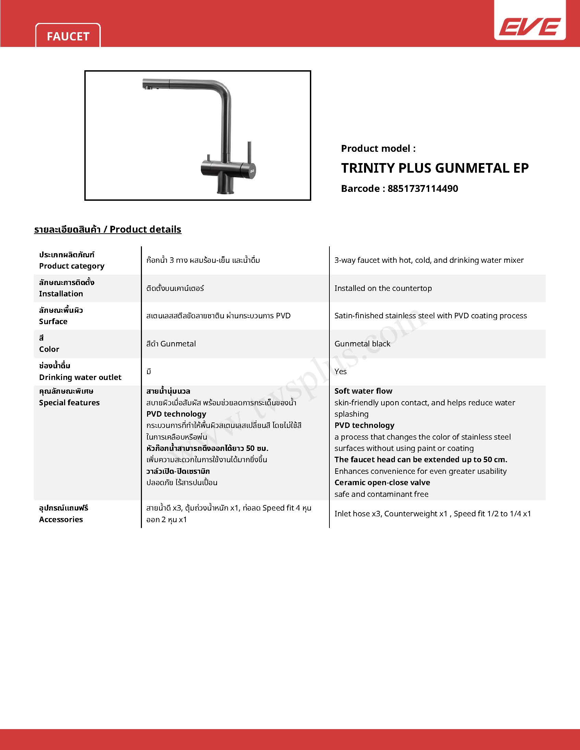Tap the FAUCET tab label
pyautogui.click(x=68, y=36)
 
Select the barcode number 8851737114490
pyautogui.click(x=423, y=188)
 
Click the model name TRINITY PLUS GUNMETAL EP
pyautogui.click(x=435, y=168)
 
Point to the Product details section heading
pyautogui.click(x=108, y=230)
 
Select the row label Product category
pyautogui.click(x=71, y=266)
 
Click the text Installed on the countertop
pyautogui.click(x=383, y=288)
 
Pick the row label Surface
pyautogui.click(x=53, y=321)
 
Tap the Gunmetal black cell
pyautogui.click(x=362, y=344)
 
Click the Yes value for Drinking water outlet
pyautogui.click(x=340, y=371)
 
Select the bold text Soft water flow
pyautogui.click(x=363, y=391)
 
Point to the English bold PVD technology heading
pyautogui.click(x=364, y=426)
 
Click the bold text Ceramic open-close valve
pyautogui.click(x=382, y=482)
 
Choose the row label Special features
pyautogui.click(x=69, y=403)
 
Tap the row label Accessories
pyautogui.click(x=61, y=519)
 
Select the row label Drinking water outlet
pyautogui.click(x=80, y=378)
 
